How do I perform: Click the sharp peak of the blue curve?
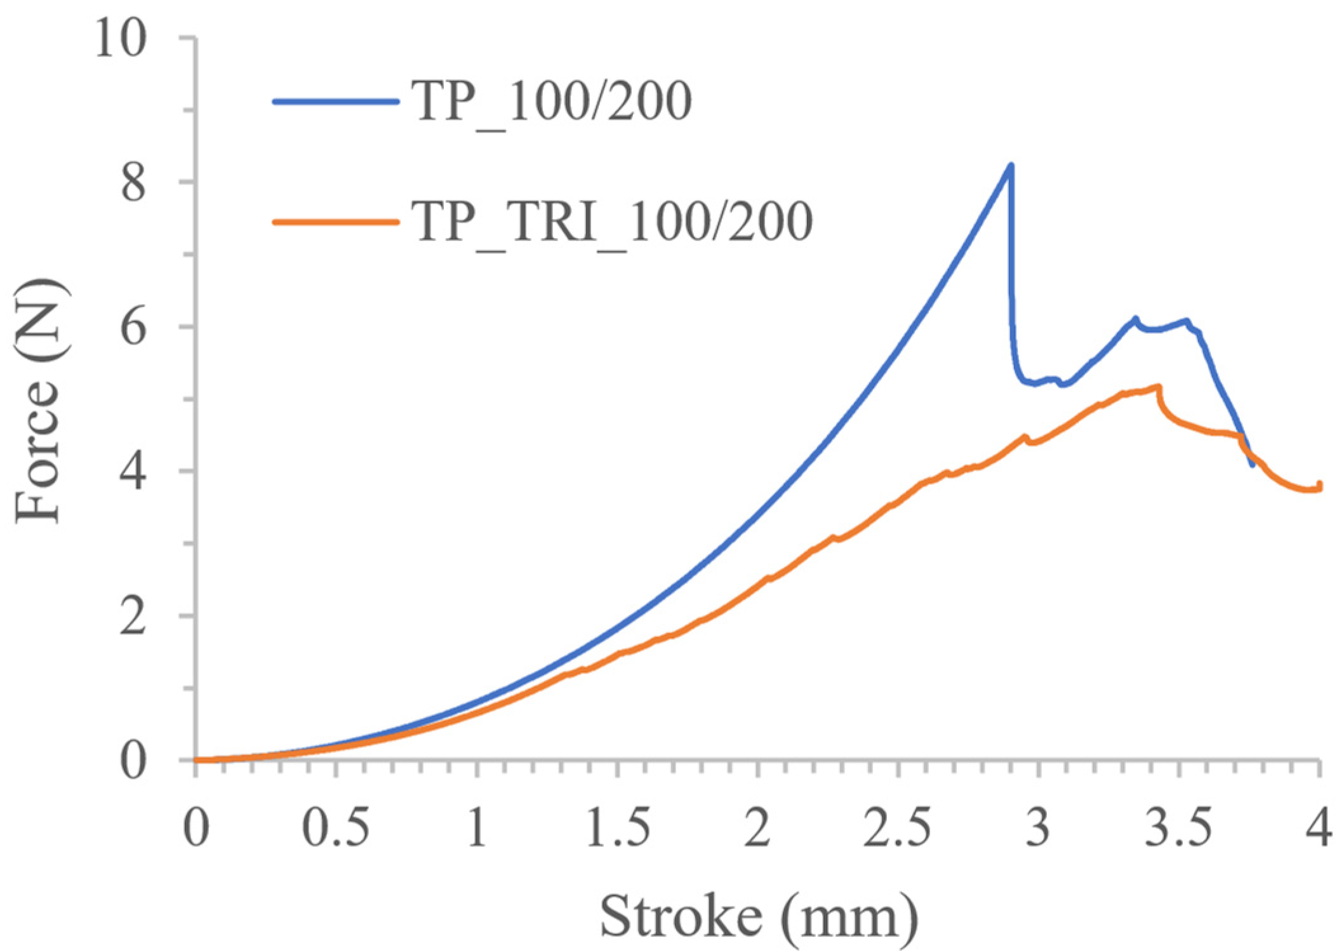pos(1011,166)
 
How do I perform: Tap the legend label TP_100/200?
pos(552,102)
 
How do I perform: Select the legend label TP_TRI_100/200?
pos(612,222)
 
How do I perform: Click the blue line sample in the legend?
pos(336,102)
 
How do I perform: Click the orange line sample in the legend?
pos(336,222)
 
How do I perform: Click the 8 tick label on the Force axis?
pos(133,183)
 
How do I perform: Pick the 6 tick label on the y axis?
pos(133,328)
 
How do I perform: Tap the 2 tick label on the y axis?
pos(133,616)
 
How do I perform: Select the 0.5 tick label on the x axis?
pos(335,828)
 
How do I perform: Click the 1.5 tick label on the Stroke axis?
pos(617,828)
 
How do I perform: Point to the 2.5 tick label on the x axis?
pos(898,828)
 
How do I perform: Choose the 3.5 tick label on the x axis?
pos(1179,828)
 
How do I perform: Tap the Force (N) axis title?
pos(42,401)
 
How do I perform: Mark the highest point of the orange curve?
pos(1159,386)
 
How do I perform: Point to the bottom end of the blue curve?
pos(1252,466)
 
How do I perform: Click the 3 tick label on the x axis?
pos(1038,828)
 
